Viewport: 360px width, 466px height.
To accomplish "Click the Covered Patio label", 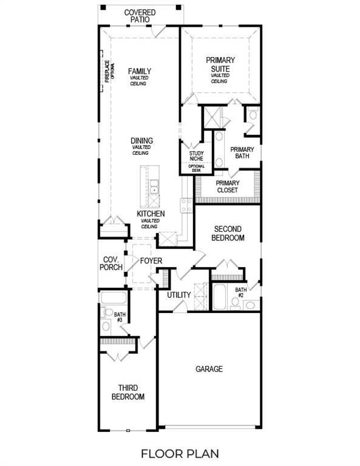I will [140, 16].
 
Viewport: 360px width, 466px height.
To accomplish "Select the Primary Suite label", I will [220, 64].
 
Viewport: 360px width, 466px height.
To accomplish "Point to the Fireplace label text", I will [106, 72].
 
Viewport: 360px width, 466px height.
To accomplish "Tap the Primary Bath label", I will [242, 153].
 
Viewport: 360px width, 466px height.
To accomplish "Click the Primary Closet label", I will [228, 187].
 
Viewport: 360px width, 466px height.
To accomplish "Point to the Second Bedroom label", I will [227, 234].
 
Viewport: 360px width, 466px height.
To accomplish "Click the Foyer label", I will [151, 261].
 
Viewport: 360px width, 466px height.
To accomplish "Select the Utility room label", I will [179, 295].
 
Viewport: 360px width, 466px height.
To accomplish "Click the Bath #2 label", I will [241, 292].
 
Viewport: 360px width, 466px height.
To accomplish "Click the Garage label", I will [209, 369].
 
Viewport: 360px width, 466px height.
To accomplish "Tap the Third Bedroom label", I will [127, 392].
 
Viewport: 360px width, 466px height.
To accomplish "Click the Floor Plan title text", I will [180, 453].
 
